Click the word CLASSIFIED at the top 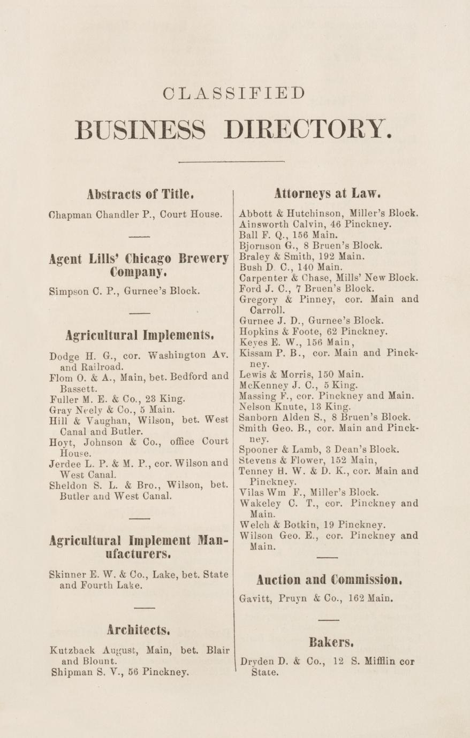pyautogui.click(x=233, y=93)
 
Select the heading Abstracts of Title pyautogui.click(x=137, y=193)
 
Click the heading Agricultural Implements pyautogui.click(x=140, y=335)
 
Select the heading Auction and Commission pyautogui.click(x=328, y=579)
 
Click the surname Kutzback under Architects pyautogui.click(x=72, y=651)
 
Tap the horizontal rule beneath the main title pyautogui.click(x=232, y=161)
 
